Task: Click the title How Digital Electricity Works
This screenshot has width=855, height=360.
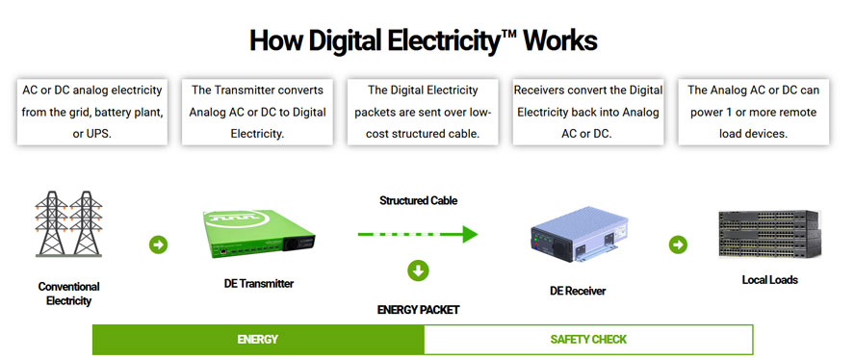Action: click(x=423, y=41)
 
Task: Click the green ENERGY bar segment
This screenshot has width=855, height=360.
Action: click(x=258, y=340)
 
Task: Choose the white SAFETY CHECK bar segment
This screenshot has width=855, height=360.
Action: click(x=588, y=340)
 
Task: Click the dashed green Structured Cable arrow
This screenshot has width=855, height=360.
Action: click(x=417, y=234)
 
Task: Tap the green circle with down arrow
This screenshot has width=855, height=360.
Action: click(x=418, y=270)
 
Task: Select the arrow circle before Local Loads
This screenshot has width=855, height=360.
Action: click(x=678, y=244)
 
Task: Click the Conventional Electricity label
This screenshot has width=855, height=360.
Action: click(x=69, y=293)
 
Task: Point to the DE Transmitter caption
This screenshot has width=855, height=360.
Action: click(x=251, y=283)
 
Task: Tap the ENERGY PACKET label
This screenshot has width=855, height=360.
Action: click(x=418, y=310)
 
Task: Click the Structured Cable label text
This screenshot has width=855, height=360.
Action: click(x=418, y=201)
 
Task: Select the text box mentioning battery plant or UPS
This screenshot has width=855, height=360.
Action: click(x=92, y=112)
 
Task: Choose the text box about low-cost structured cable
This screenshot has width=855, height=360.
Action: click(x=423, y=112)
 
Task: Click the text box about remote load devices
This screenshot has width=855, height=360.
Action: click(x=753, y=112)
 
